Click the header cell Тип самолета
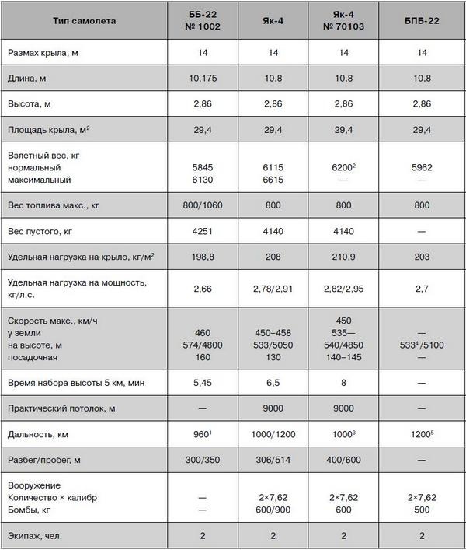[84, 21]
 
